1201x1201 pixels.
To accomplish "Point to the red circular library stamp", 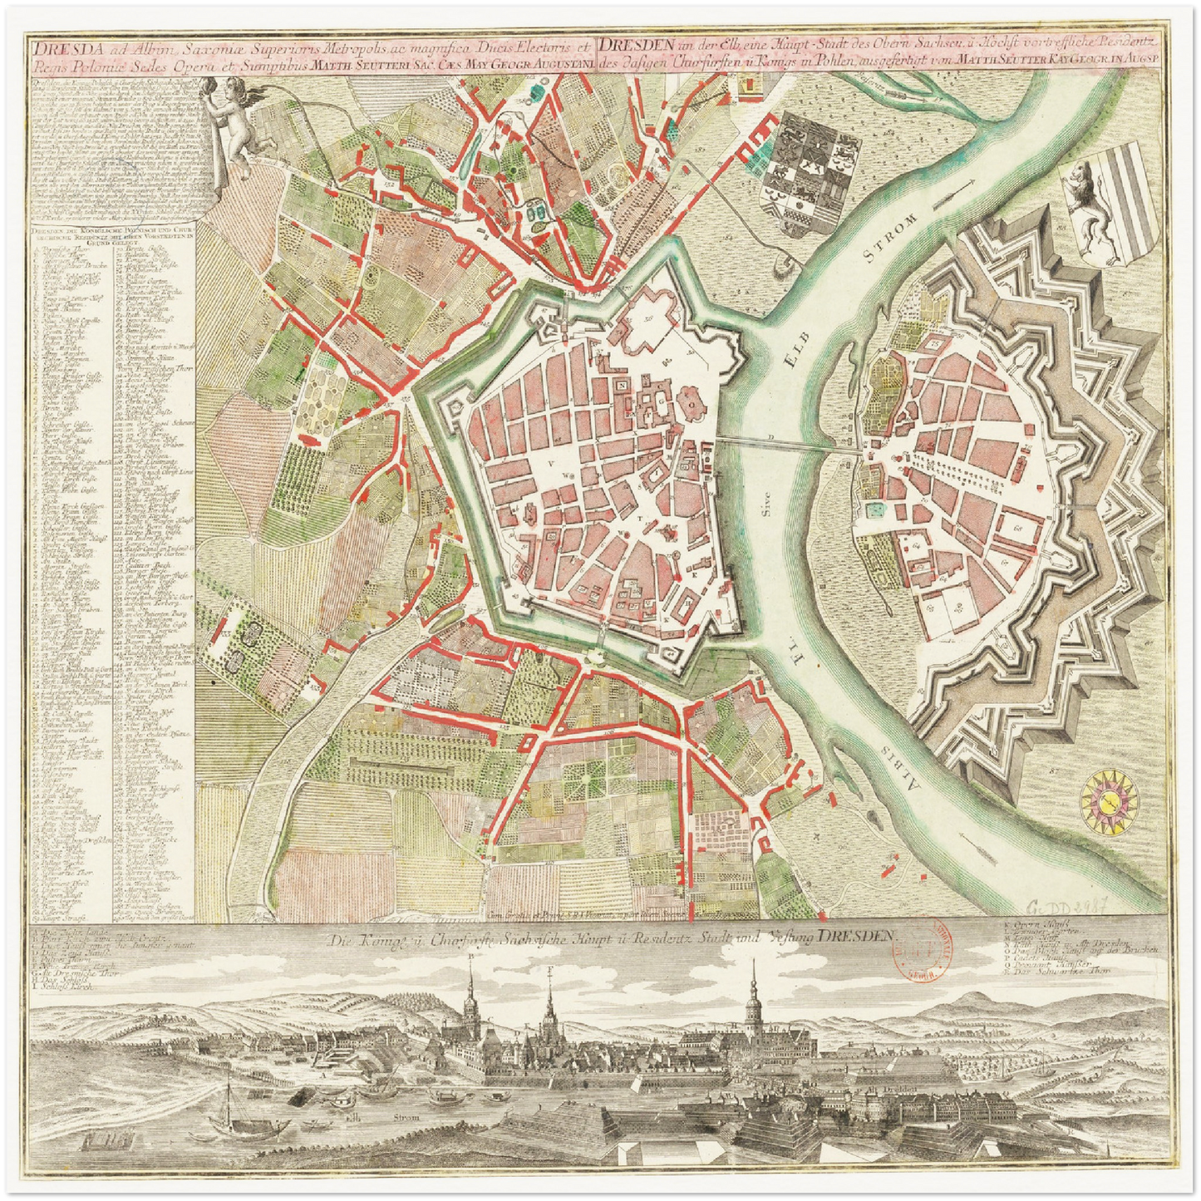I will pyautogui.click(x=943, y=952).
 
